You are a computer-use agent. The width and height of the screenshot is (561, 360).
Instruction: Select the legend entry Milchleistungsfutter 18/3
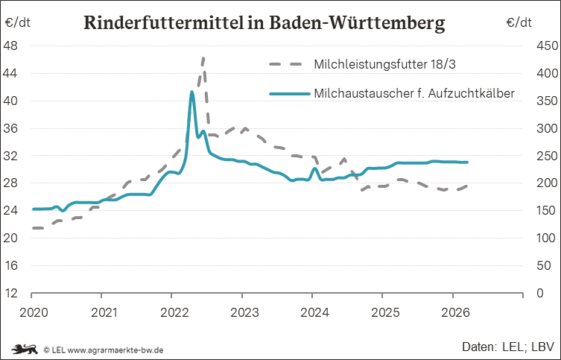point(384,65)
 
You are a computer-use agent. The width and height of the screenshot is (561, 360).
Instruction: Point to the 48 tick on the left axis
point(11,46)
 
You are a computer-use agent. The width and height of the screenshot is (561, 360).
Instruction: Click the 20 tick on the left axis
point(11,239)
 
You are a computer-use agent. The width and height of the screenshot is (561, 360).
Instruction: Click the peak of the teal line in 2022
point(192,92)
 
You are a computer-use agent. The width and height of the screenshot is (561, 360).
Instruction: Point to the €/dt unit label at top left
point(19,22)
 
